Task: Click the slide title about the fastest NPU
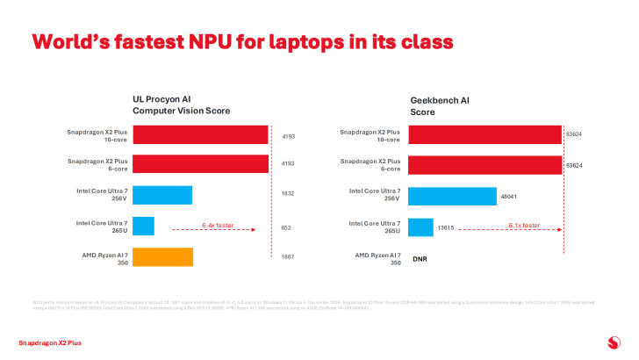coord(242,41)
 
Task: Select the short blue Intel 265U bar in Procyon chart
coord(143,226)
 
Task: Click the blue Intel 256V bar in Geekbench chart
coord(452,195)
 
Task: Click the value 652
coord(286,228)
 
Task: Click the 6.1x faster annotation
coord(524,225)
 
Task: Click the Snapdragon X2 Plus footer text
coord(50,342)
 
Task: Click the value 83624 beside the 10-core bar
coord(575,136)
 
